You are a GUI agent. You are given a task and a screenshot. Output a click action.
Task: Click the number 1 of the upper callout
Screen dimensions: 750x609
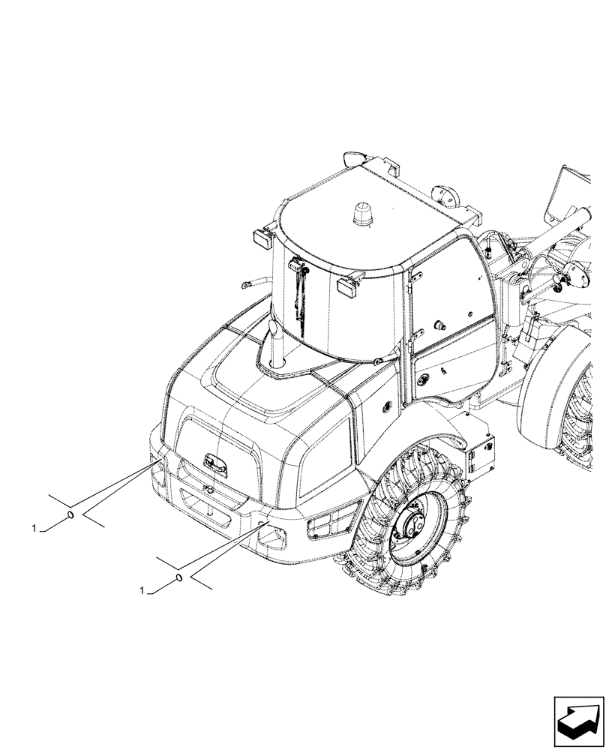point(34,529)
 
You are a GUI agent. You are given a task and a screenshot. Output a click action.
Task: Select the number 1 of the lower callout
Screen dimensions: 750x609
point(142,592)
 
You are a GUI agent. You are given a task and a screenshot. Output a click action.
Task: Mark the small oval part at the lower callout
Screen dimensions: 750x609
point(178,577)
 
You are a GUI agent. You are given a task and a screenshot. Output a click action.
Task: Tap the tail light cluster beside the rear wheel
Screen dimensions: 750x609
point(325,523)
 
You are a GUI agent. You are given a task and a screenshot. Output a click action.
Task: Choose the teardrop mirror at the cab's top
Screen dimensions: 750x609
point(352,160)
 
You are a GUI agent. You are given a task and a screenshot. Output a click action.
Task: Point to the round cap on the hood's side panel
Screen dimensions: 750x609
point(387,405)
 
